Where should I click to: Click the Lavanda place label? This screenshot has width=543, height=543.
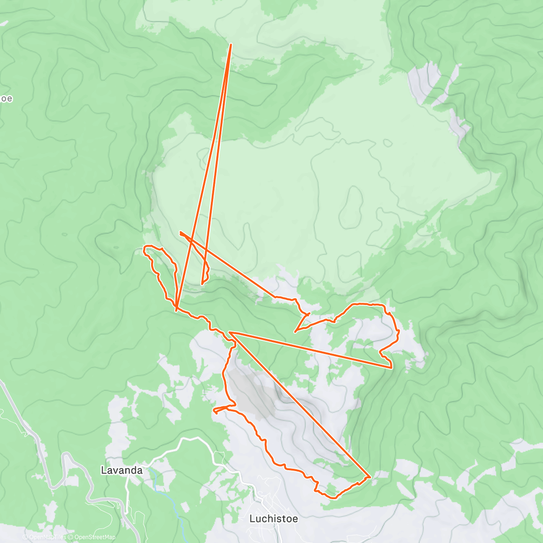[121, 470]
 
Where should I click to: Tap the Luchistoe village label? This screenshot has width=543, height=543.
[273, 519]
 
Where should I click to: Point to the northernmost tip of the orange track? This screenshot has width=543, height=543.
[231, 44]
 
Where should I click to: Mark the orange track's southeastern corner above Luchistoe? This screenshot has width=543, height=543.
[371, 476]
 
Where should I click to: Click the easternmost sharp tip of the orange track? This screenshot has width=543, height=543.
[391, 367]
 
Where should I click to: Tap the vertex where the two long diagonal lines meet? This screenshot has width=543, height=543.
[230, 333]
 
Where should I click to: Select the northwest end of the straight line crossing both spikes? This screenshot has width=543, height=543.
[181, 232]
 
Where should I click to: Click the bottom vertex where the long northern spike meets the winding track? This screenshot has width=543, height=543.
[176, 310]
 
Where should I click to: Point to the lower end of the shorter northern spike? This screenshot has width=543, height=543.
[202, 284]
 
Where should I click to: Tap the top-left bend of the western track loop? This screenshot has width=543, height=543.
[145, 248]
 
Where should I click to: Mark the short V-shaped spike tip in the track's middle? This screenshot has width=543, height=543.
[295, 331]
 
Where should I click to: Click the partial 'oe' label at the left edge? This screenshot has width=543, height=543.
[6, 99]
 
